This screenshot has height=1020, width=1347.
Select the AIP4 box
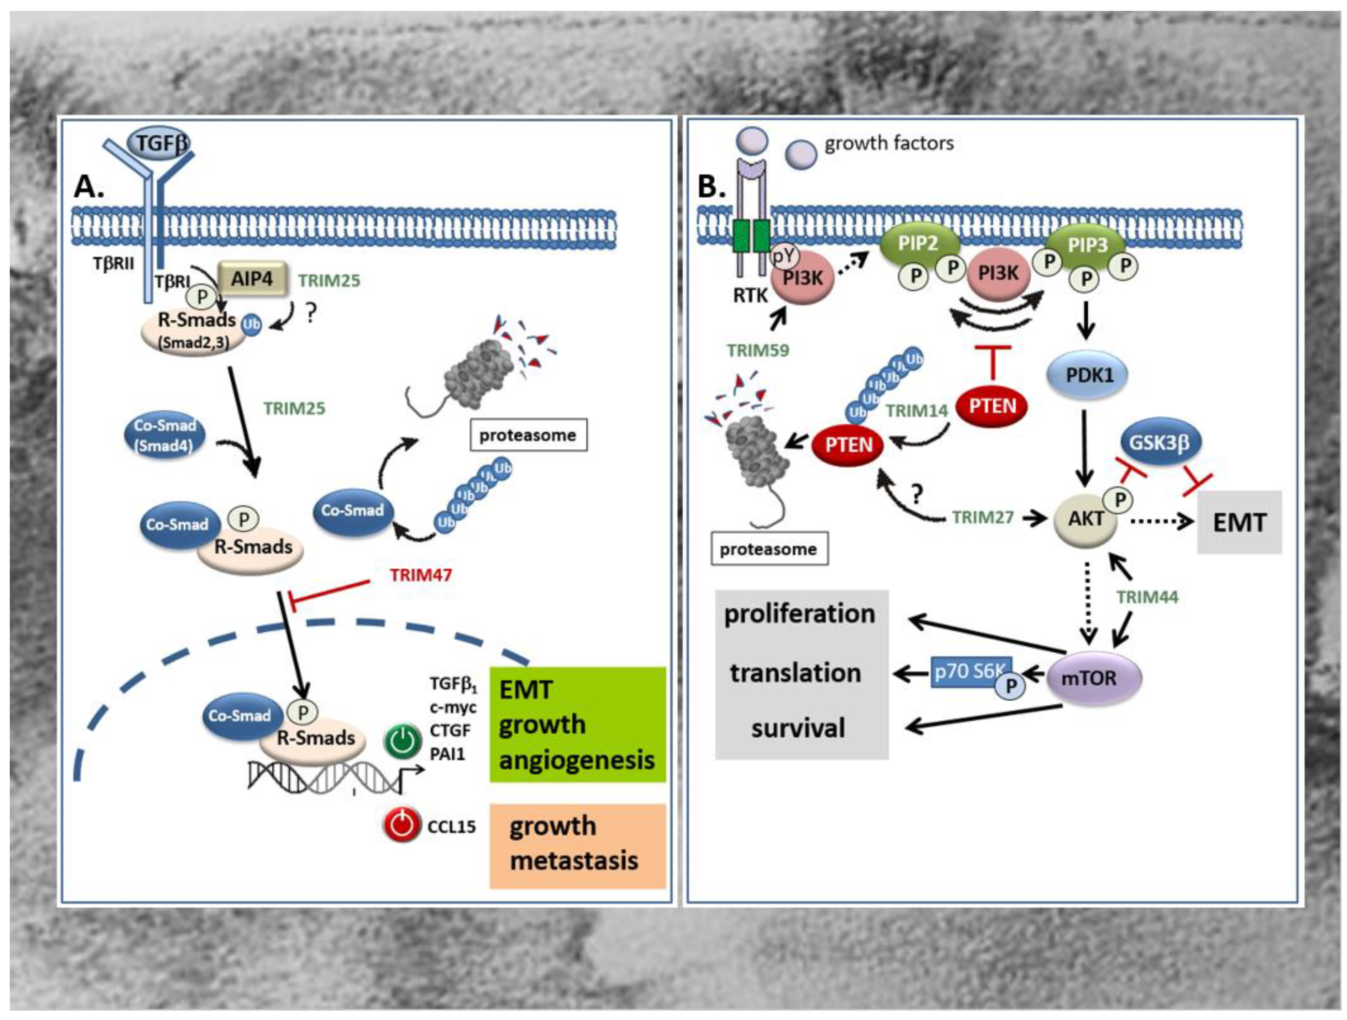click(252, 279)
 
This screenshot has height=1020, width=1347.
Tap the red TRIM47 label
click(421, 575)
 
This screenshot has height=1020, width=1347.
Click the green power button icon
click(402, 742)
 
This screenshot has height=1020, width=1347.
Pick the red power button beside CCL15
click(402, 825)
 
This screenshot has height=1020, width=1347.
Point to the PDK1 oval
click(1088, 375)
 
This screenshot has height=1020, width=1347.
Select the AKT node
click(1086, 519)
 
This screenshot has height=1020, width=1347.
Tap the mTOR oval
click(1093, 678)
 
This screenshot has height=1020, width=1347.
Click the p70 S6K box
click(971, 672)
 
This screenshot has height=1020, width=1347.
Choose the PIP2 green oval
click(920, 244)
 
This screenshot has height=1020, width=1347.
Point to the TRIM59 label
click(758, 350)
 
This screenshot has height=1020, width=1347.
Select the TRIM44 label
click(1147, 597)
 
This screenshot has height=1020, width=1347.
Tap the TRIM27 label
click(982, 517)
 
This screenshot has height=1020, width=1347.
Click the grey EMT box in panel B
click(1239, 522)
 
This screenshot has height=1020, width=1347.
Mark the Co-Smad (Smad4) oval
click(164, 435)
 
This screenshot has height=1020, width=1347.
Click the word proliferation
click(800, 614)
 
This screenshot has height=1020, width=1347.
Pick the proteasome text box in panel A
click(528, 435)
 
